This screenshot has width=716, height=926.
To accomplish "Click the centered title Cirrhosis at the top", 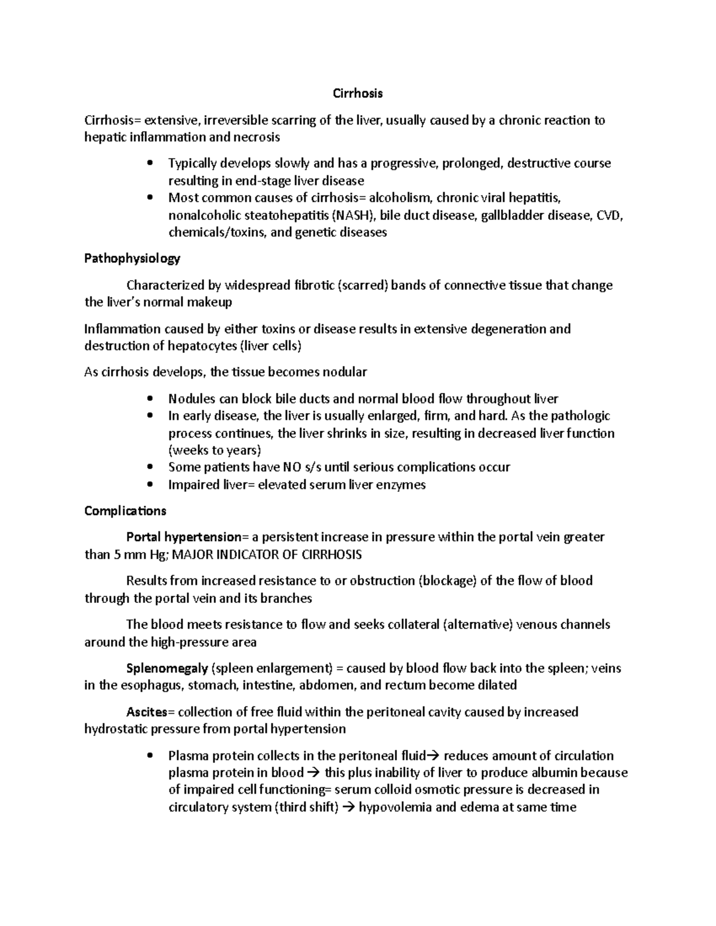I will [357, 94].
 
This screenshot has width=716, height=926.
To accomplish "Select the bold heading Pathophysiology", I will [132, 259].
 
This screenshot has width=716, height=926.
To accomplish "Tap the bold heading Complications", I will [125, 511].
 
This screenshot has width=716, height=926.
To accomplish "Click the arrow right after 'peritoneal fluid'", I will [434, 756].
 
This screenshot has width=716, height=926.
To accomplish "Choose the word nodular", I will [344, 373].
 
